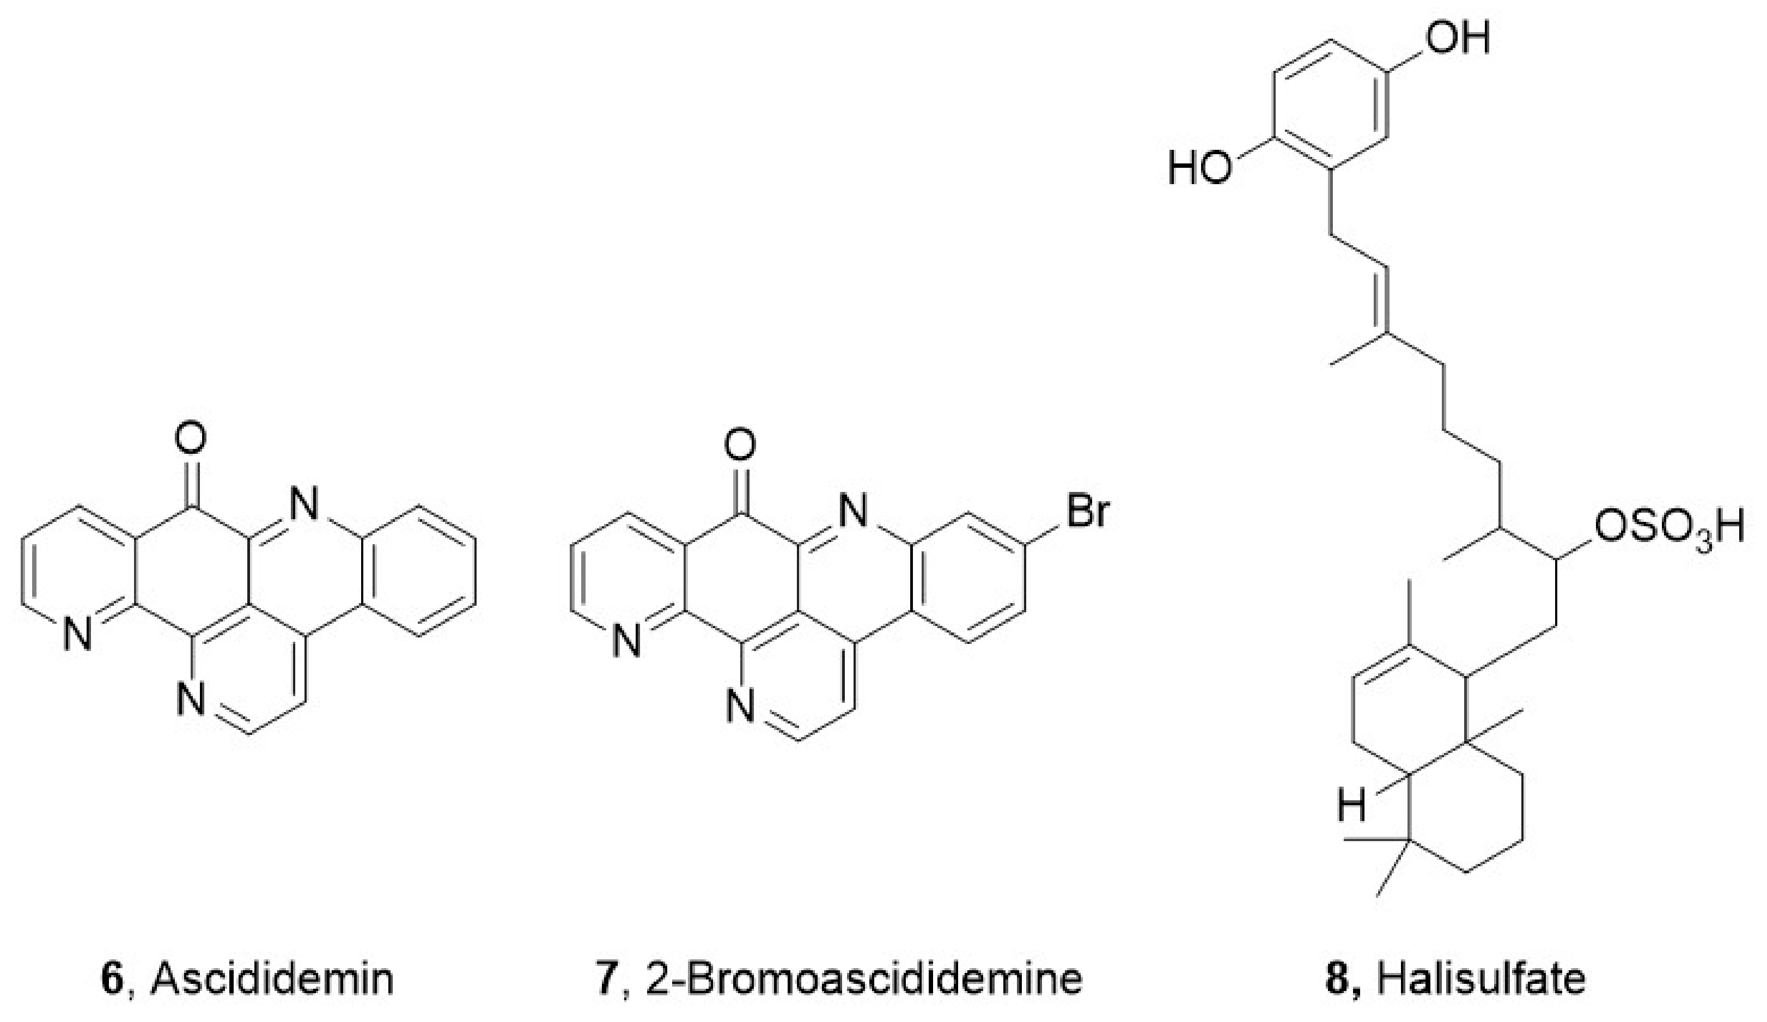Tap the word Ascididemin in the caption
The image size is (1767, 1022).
tap(272, 980)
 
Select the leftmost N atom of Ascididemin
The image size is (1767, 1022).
tap(77, 636)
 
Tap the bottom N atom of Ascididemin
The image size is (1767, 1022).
tap(190, 699)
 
